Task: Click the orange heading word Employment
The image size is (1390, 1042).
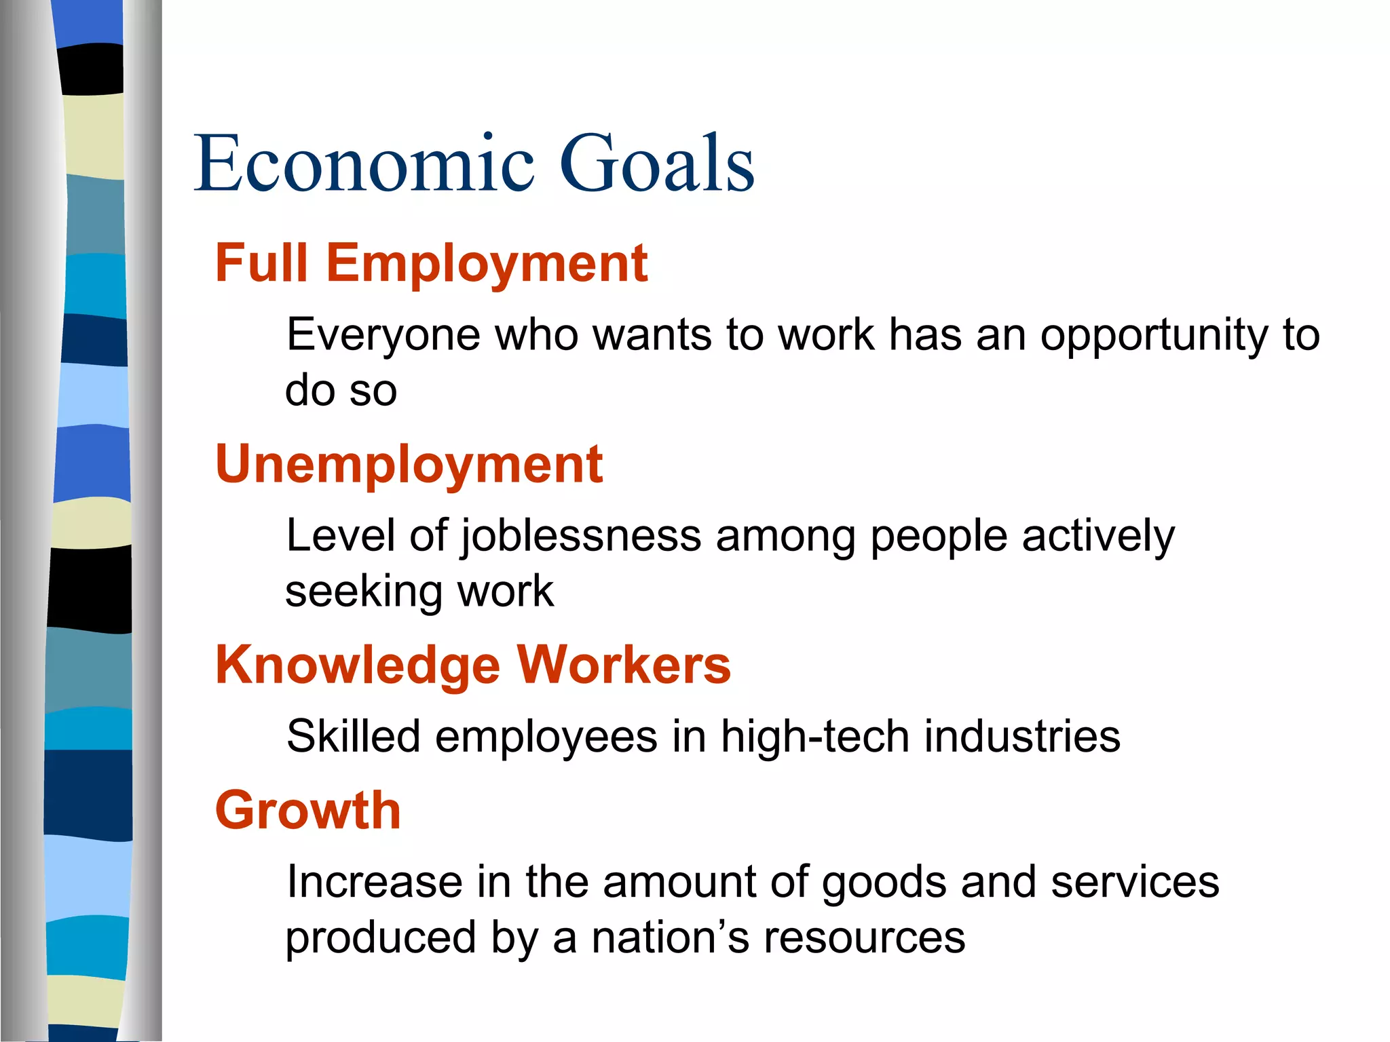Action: click(487, 265)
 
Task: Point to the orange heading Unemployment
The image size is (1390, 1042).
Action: click(409, 465)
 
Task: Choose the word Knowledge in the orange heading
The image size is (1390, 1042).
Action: click(357, 666)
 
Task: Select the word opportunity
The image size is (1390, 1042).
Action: click(1154, 336)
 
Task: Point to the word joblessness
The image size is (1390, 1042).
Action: click(581, 537)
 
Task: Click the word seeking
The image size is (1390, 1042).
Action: click(364, 592)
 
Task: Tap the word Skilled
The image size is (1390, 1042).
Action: click(354, 737)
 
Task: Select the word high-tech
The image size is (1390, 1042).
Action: click(814, 737)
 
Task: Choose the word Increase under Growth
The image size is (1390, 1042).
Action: click(374, 883)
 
